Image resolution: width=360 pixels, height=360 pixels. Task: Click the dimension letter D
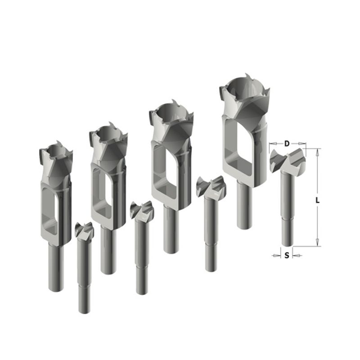point(287,144)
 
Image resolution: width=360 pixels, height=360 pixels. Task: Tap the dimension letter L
point(318,200)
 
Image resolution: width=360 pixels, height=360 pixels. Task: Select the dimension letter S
point(287,255)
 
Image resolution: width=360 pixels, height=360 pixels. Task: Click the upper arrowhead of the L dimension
point(318,153)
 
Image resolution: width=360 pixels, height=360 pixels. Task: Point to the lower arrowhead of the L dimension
point(318,243)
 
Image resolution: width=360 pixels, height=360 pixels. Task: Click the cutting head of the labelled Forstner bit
point(288,160)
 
